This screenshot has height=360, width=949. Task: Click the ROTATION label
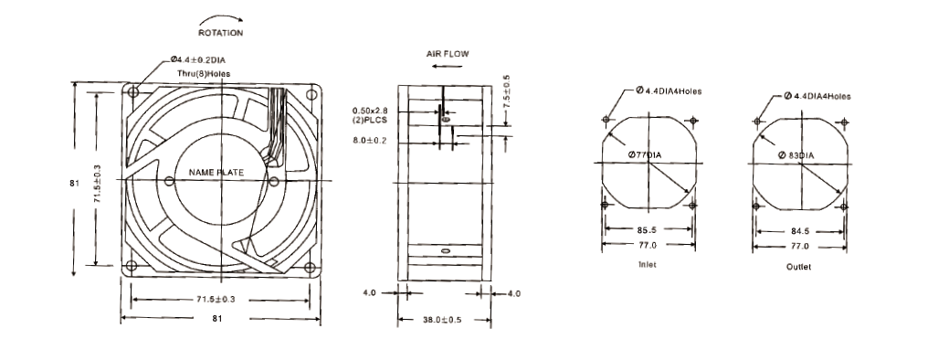[220, 33]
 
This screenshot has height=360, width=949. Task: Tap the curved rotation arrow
[221, 19]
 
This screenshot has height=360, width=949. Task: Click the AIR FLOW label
[448, 54]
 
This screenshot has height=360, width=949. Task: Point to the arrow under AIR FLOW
[448, 66]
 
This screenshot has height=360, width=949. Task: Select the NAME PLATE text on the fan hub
[216, 173]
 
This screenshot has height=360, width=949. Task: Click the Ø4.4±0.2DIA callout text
[202, 60]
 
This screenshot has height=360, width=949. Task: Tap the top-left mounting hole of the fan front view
[133, 92]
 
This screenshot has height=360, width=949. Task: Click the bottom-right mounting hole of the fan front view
[310, 267]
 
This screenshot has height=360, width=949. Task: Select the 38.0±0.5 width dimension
[442, 320]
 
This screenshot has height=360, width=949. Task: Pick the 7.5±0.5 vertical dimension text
[506, 90]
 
